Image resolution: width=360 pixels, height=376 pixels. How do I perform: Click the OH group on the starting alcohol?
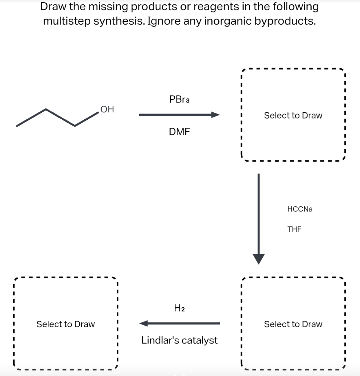coord(107,109)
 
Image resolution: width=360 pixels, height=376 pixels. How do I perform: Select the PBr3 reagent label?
coord(179,99)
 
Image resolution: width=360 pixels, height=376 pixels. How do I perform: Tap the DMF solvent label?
coord(179,132)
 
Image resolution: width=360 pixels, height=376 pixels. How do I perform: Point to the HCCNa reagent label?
coord(300,209)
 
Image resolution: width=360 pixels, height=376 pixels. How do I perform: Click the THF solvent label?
coord(294,229)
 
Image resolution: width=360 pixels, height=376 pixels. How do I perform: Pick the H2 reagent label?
coord(179,308)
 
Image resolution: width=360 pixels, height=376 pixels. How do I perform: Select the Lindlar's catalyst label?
coord(179,340)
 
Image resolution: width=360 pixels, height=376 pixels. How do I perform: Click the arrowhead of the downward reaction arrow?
coord(259,258)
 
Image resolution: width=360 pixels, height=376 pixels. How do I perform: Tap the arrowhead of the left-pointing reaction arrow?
coord(144,323)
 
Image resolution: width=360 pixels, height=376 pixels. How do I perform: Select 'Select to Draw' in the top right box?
coord(293,115)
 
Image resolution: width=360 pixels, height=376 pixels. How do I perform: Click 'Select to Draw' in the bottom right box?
coord(293,324)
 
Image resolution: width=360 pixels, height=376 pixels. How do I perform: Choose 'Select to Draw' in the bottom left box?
coord(65,324)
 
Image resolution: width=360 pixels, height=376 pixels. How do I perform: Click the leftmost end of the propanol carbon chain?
coord(17,126)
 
